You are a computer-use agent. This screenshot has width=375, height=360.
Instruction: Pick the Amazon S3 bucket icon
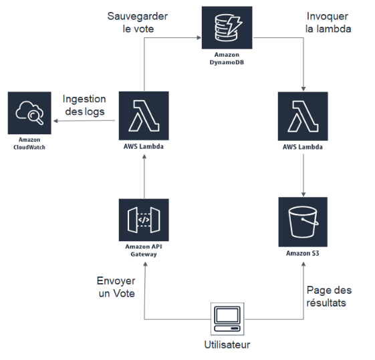(304, 221)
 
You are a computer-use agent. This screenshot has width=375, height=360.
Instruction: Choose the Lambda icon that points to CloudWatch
(144, 115)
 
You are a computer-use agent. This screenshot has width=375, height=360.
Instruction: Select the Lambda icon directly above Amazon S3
(304, 115)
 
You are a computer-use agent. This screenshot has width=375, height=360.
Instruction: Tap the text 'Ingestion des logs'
(84, 105)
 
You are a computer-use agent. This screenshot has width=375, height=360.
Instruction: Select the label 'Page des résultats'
(329, 297)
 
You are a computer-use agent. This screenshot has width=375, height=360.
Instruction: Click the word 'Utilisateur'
(227, 345)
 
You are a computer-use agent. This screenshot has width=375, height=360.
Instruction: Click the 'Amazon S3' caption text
(304, 253)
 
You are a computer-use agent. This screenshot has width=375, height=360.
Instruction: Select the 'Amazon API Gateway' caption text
(144, 250)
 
